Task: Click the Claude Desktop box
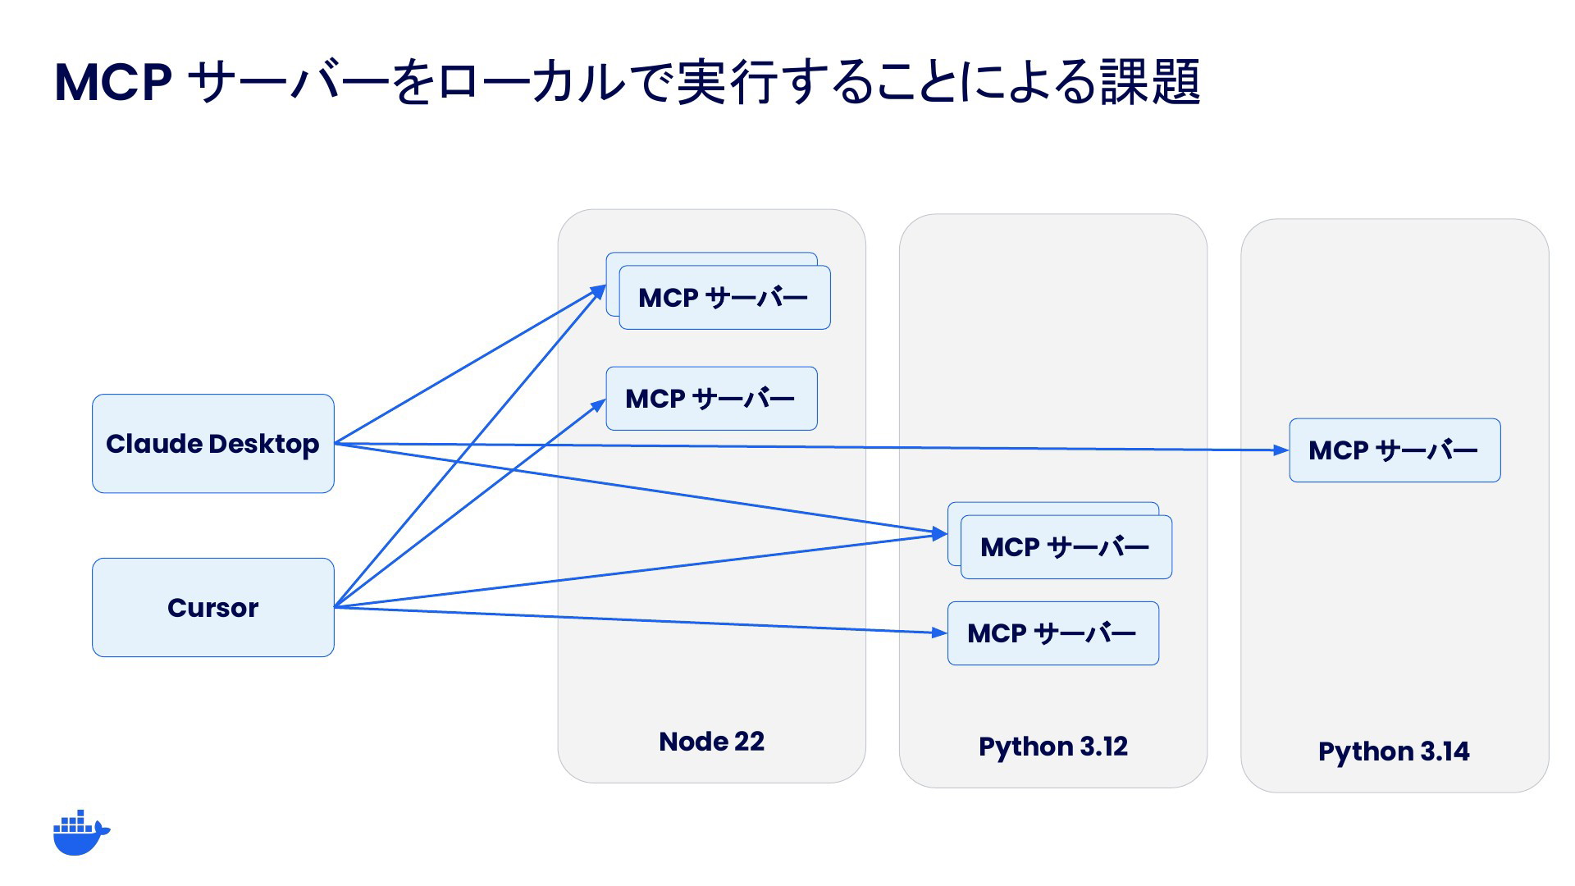click(213, 444)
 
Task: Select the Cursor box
click(213, 608)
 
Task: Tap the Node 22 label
click(711, 742)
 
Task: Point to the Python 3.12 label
click(1053, 747)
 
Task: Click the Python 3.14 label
click(1394, 751)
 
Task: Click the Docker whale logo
click(81, 833)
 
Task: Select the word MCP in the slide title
click(113, 82)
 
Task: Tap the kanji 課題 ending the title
click(1150, 82)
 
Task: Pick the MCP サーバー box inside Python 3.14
click(1395, 450)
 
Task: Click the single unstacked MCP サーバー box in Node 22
click(711, 399)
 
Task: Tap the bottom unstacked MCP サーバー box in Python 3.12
click(1053, 633)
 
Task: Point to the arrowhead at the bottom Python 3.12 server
click(940, 633)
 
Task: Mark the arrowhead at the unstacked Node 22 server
click(599, 404)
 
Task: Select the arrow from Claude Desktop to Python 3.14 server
click(811, 447)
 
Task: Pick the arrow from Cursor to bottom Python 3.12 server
click(641, 620)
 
